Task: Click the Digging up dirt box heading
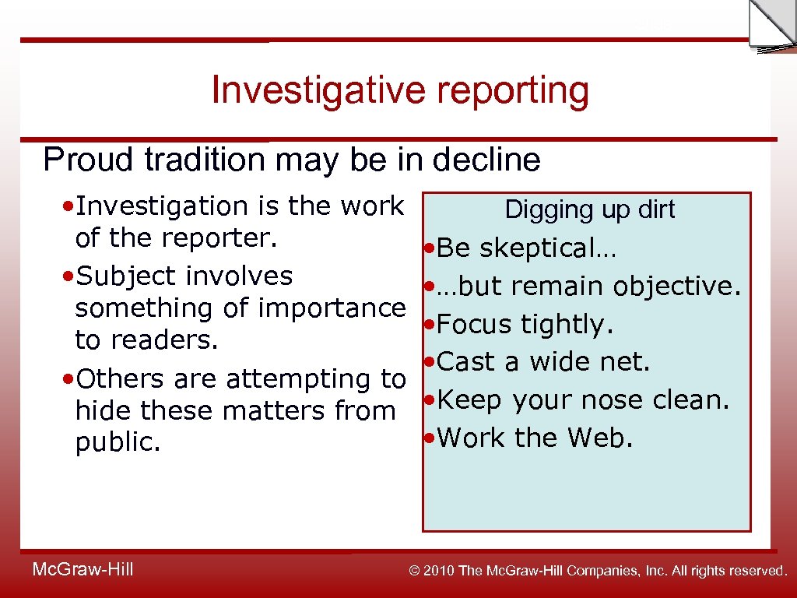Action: click(590, 209)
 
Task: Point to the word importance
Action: click(332, 308)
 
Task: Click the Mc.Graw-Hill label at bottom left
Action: click(83, 570)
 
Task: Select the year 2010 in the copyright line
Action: click(441, 572)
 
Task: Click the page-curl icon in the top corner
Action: click(771, 26)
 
